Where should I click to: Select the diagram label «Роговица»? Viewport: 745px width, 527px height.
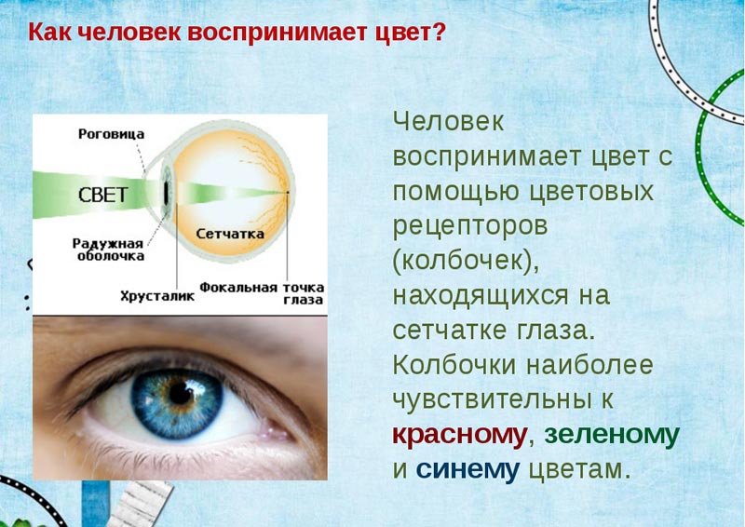(x=111, y=134)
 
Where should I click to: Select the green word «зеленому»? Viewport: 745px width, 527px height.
(x=612, y=435)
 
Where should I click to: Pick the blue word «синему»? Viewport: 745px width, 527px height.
(x=467, y=469)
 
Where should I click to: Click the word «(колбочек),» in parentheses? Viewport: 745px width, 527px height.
(x=466, y=262)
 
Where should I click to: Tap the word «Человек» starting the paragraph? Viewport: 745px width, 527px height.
(x=449, y=122)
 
